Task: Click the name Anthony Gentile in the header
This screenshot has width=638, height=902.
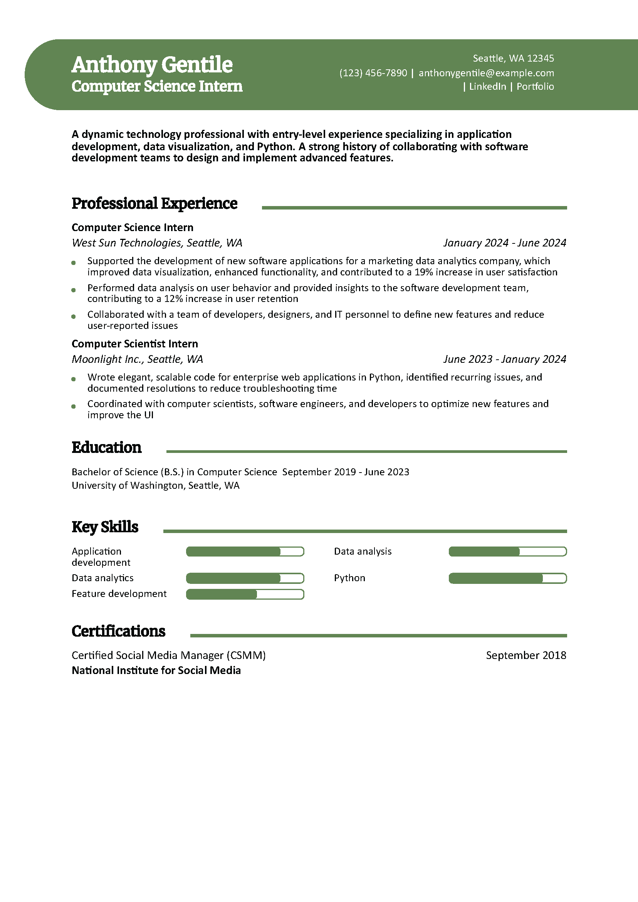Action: (152, 64)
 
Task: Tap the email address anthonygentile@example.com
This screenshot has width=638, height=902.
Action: (486, 73)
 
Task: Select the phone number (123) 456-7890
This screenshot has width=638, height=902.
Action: (373, 73)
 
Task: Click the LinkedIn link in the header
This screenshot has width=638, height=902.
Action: (487, 87)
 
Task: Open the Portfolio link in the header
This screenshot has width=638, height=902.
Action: (535, 87)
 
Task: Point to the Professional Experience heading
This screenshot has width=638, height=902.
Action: (154, 203)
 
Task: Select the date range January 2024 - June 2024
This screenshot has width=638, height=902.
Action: (504, 243)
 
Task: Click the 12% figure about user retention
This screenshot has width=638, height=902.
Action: (173, 299)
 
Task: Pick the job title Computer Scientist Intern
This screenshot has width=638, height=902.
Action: (134, 344)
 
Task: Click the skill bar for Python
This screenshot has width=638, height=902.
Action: (507, 578)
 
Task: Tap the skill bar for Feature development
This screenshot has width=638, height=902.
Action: (245, 594)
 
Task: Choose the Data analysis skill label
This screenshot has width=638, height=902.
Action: (363, 552)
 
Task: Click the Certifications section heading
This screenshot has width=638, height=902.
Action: (118, 631)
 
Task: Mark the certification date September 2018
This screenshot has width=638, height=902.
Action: (526, 655)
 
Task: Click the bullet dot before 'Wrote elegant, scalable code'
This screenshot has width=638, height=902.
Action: (74, 379)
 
